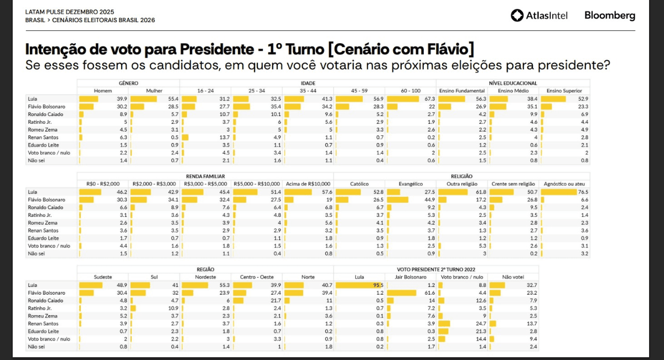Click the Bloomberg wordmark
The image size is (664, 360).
point(610,15)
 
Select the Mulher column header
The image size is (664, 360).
point(154,91)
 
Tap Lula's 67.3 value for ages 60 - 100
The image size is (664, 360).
point(429,98)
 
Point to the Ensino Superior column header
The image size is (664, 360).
point(564,91)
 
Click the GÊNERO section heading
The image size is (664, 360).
point(128,83)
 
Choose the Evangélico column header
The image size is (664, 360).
point(411,184)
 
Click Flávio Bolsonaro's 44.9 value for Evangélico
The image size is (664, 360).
point(429,199)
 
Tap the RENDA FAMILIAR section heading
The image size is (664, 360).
point(205,176)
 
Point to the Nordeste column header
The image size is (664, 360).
point(205,276)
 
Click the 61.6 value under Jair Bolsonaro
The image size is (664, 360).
point(429,292)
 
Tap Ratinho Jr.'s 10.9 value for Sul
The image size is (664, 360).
point(173,307)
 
